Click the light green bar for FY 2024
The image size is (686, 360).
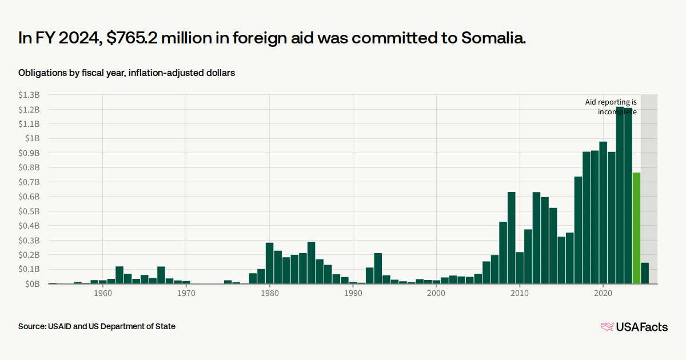tap(636, 228)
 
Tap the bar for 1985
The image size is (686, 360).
tap(311, 263)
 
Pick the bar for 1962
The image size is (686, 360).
tap(119, 275)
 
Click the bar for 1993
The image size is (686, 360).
tap(378, 269)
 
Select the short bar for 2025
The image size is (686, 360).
tap(645, 273)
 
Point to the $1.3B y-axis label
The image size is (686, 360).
tap(29, 95)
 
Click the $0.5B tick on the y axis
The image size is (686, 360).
tap(29, 211)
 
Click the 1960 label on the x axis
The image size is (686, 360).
tap(103, 293)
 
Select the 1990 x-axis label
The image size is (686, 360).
tap(353, 293)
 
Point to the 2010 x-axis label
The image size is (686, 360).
tap(520, 293)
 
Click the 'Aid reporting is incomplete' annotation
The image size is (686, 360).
tap(611, 107)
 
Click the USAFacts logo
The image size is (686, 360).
tap(634, 327)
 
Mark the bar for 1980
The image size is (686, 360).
tap(269, 263)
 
